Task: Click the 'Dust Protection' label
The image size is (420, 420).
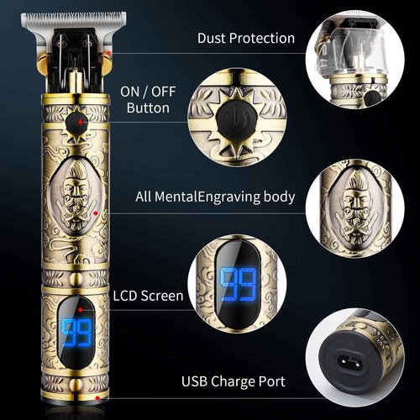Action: pos(246,38)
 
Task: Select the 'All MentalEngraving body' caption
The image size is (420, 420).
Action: pos(215,197)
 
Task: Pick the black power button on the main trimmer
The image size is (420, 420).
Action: pos(78,123)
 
